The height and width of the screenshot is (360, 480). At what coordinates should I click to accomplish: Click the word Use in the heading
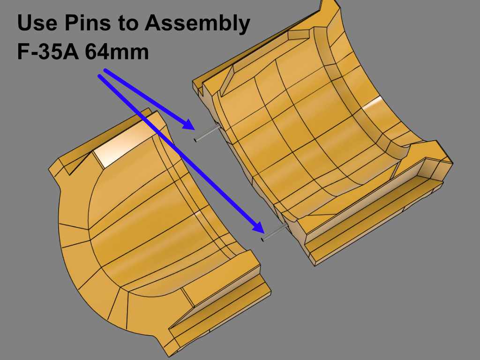coord(37,22)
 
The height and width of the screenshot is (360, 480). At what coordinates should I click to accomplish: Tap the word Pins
coord(87,22)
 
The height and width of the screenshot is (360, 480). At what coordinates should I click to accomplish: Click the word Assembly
coord(198,24)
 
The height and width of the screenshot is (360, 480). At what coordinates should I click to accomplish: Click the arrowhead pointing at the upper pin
coord(188,124)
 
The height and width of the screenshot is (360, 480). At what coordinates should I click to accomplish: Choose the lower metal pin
coord(274,232)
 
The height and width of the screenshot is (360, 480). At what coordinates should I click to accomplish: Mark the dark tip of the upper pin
coord(195,140)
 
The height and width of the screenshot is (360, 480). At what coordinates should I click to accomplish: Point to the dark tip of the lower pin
coord(262,240)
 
